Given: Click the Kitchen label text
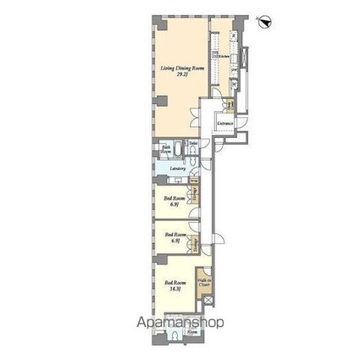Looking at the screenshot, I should tap(221, 56).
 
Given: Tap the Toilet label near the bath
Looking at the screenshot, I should tap(193, 142).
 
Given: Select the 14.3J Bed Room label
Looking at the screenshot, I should tap(175, 283).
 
